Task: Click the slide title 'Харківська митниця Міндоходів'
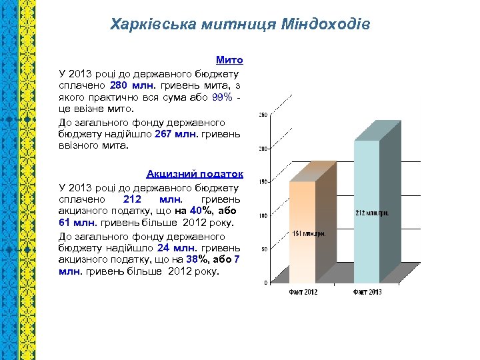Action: click(x=240, y=25)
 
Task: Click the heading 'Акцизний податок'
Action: click(x=195, y=174)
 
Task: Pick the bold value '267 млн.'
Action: click(x=176, y=133)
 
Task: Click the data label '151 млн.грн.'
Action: click(x=309, y=233)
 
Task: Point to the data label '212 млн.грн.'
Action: click(x=372, y=213)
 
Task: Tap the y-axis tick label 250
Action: click(x=263, y=115)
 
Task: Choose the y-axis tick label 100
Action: click(x=263, y=216)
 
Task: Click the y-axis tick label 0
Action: click(x=265, y=283)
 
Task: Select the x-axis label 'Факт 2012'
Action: click(x=303, y=292)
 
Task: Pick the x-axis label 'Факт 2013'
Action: click(x=367, y=292)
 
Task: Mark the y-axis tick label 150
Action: click(x=263, y=182)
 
